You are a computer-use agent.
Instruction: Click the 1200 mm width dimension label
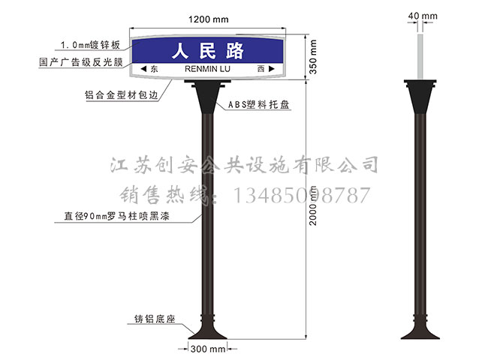click(208, 19)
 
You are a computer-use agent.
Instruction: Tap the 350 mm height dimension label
click(313, 57)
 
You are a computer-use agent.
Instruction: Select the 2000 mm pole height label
click(313, 205)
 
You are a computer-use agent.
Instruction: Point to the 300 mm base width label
click(208, 349)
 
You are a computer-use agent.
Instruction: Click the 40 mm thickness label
click(423, 16)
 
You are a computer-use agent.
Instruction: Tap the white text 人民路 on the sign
click(207, 51)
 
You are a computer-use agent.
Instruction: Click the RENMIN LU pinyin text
click(207, 69)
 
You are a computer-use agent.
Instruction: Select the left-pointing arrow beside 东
click(143, 69)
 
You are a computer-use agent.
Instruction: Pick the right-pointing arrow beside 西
click(271, 69)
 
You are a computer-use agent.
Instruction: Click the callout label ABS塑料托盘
click(258, 104)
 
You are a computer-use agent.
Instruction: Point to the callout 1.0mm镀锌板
click(90, 45)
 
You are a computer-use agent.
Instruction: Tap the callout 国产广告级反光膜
click(81, 62)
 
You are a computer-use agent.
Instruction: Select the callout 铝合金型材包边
click(122, 94)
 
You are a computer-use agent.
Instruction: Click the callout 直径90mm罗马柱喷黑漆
click(116, 216)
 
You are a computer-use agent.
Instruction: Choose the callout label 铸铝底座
click(155, 319)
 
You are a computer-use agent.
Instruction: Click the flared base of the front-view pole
click(207, 330)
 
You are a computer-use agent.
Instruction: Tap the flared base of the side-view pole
click(420, 330)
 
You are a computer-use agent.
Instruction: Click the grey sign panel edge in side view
click(420, 57)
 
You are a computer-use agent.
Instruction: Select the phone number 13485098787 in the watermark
click(301, 195)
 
